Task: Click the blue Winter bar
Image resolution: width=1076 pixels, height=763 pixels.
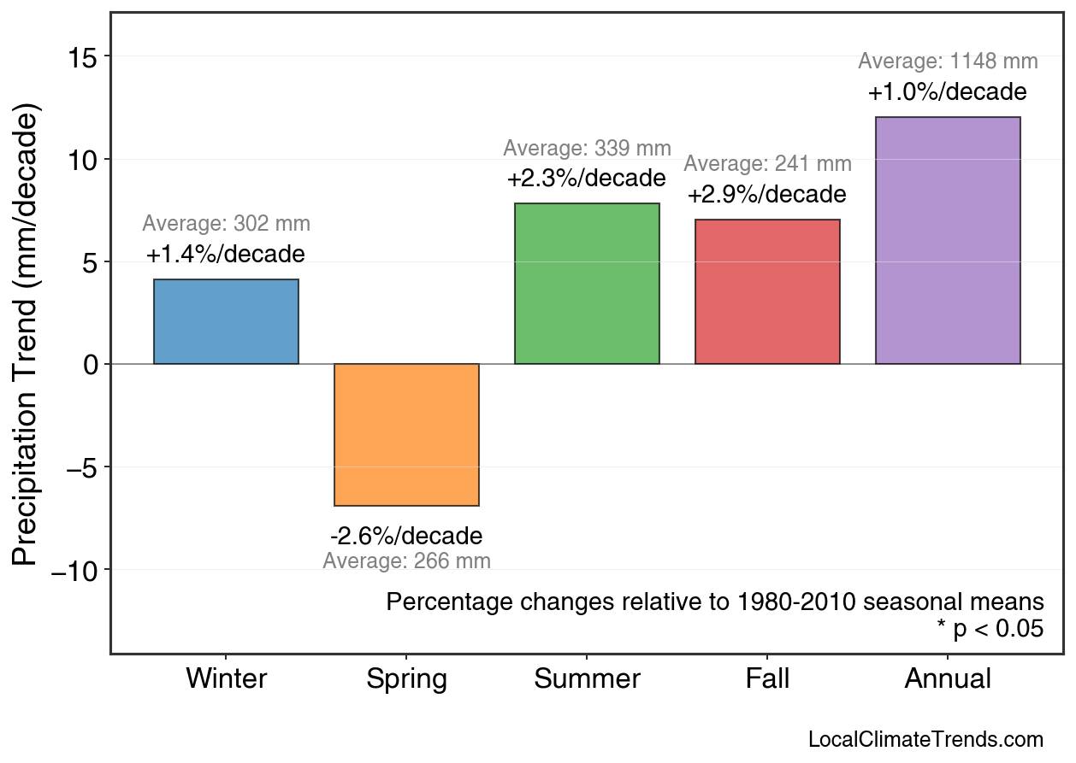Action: pos(226,321)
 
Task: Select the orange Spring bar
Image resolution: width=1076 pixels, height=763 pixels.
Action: pos(406,435)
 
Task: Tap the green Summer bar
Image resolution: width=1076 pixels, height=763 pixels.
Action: pos(587,284)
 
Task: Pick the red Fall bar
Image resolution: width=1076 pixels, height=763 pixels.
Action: pos(767,291)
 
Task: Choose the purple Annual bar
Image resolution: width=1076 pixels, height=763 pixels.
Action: pos(948,240)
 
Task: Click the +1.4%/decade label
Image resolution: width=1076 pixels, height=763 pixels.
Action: pos(225,255)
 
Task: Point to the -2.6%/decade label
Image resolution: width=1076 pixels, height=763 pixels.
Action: pos(406,537)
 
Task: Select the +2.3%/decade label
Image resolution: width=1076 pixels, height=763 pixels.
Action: pos(586,179)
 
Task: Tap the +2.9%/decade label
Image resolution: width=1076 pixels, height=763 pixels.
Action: pos(766,195)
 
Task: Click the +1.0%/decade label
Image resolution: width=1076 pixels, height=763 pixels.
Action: pos(947,92)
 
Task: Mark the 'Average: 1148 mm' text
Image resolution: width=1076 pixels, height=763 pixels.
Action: pos(948,62)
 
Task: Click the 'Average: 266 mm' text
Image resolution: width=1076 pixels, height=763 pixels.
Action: pos(406,561)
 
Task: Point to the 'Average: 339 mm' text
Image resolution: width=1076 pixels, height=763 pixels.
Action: pos(587,148)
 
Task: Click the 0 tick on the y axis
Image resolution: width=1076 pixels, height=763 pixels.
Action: pos(90,365)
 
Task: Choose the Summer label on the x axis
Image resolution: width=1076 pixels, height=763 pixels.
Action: pos(587,679)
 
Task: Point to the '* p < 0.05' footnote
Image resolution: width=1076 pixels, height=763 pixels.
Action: pos(990,629)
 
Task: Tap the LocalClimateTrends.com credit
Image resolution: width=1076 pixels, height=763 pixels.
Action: pos(925,740)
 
